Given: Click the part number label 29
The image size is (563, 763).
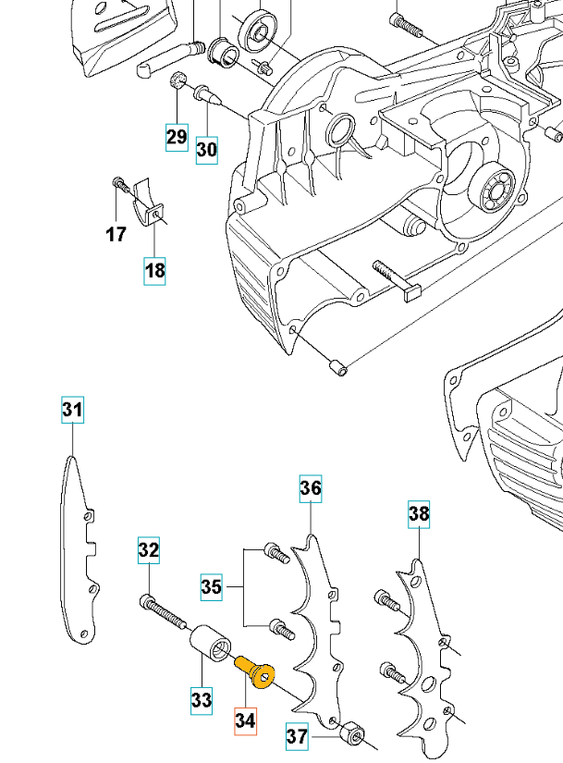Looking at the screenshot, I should [x=177, y=137].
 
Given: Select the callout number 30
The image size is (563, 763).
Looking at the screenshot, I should [x=207, y=148].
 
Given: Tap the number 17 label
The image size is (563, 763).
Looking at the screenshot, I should [x=116, y=235].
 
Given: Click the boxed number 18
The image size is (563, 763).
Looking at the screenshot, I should [x=154, y=270].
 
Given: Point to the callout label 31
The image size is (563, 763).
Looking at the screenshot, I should [x=72, y=409].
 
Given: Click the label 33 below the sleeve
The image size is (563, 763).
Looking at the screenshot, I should [x=202, y=701].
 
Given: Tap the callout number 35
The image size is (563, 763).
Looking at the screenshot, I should [x=212, y=586].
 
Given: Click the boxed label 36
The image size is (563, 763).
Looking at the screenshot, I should [x=310, y=487].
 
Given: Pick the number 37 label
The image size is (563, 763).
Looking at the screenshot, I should [x=297, y=737].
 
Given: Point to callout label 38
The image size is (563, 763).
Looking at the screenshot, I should [x=419, y=514].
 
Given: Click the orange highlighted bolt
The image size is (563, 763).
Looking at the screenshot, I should [x=254, y=671].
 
